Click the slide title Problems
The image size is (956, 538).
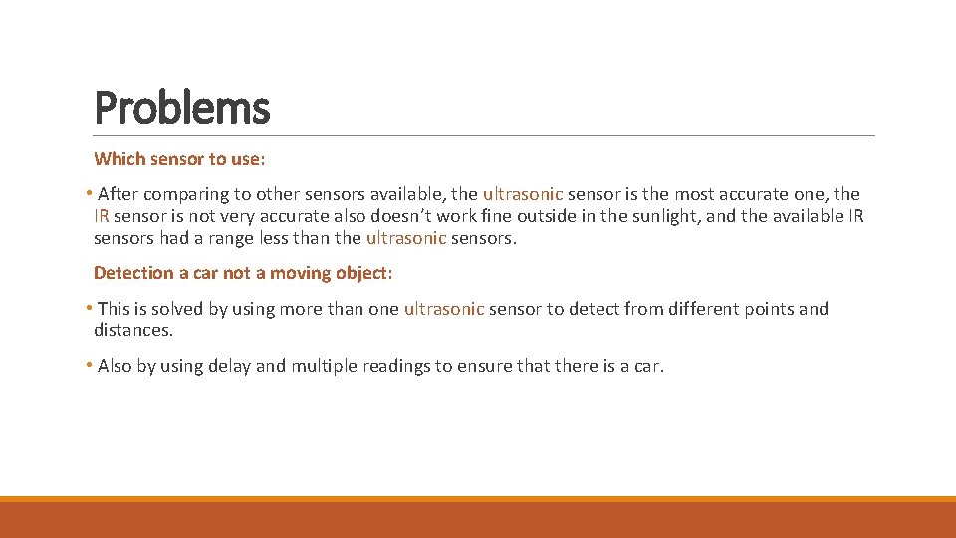pos(181,108)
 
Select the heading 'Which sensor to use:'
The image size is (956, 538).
pos(179,159)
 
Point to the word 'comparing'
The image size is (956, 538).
pos(190,194)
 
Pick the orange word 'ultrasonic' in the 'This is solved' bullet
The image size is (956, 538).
pos(444,309)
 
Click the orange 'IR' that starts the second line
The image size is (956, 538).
pos(101,216)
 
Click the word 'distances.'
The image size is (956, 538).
pos(133,330)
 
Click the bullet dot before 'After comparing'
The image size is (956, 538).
pos(89,194)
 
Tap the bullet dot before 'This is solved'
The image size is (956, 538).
pos(89,309)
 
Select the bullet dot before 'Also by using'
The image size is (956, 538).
pos(89,366)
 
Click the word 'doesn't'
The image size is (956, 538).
pos(405,216)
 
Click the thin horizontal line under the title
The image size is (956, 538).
pos(484,135)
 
